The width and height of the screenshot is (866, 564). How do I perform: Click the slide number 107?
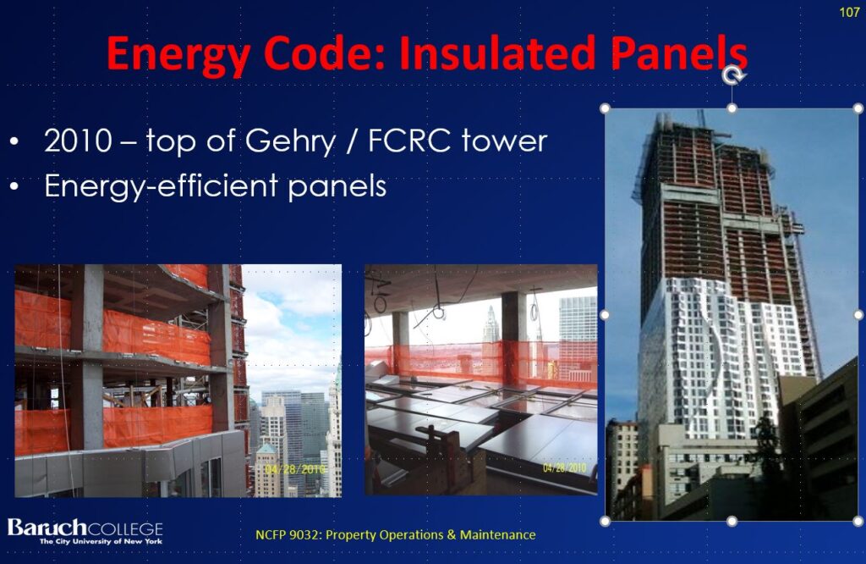pos(849,12)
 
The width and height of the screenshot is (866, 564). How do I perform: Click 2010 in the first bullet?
pos(79,141)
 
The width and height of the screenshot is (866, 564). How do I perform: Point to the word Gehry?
pos(290,141)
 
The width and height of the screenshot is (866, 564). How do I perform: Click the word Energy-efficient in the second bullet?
pos(161,185)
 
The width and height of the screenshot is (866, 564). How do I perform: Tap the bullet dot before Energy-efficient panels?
pos(14,187)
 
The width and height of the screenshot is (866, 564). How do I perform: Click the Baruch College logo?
pos(85,531)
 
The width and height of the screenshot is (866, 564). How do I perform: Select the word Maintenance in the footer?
pos(497,534)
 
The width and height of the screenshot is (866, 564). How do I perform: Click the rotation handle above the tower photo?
pos(733,75)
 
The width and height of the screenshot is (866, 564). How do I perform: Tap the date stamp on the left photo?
pos(295,469)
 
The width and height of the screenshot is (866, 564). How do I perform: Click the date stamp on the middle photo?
pos(564,467)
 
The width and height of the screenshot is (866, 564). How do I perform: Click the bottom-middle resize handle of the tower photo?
pos(732,521)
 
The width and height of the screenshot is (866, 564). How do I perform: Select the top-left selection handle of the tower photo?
pos(605,108)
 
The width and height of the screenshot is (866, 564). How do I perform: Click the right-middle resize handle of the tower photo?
pos(858,315)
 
